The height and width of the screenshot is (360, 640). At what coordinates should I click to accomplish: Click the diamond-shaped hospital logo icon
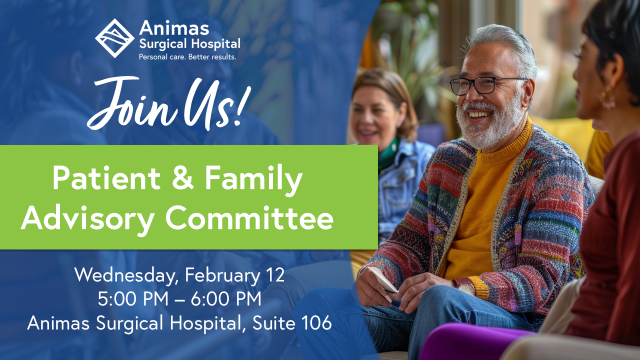click(114, 38)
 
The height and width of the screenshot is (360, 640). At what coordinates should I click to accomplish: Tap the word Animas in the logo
click(174, 28)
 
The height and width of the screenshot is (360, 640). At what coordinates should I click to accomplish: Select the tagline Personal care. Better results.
click(187, 57)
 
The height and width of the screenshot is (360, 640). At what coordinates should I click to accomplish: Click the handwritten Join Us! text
click(168, 103)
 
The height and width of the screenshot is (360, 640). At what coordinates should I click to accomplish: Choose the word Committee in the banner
click(249, 218)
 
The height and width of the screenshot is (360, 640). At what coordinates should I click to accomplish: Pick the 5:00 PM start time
click(133, 299)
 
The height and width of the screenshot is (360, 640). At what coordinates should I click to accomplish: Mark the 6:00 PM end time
click(226, 299)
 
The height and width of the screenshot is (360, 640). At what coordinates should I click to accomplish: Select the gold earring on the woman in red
click(605, 97)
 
